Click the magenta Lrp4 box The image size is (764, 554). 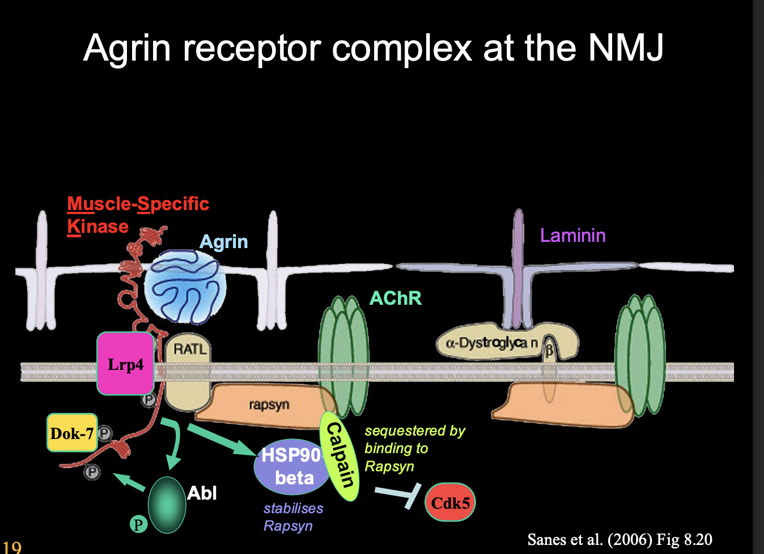pos(125,364)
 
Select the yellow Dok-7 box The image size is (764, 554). pos(71,433)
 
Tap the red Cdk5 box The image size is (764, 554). pos(450,502)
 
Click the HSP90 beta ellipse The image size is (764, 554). pos(291,467)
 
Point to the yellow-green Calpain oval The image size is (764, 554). pos(340,456)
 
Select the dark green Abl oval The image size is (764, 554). pos(167,505)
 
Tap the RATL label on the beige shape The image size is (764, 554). pos(190,349)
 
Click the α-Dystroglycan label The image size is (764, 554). pos(491,343)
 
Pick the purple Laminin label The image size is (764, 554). pos(572,235)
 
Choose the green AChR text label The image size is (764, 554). pos(395,298)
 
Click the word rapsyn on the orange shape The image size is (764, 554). pos(269,404)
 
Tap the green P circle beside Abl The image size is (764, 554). pos(138,524)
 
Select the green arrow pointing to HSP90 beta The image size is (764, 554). pos(221,440)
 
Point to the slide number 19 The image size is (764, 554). pos(11,547)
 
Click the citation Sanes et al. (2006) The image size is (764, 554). pos(619,539)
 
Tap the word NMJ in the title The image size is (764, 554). pos(625,48)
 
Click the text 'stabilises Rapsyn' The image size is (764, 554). pos(292,517)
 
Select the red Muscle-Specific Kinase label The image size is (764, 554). pos(137,215)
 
